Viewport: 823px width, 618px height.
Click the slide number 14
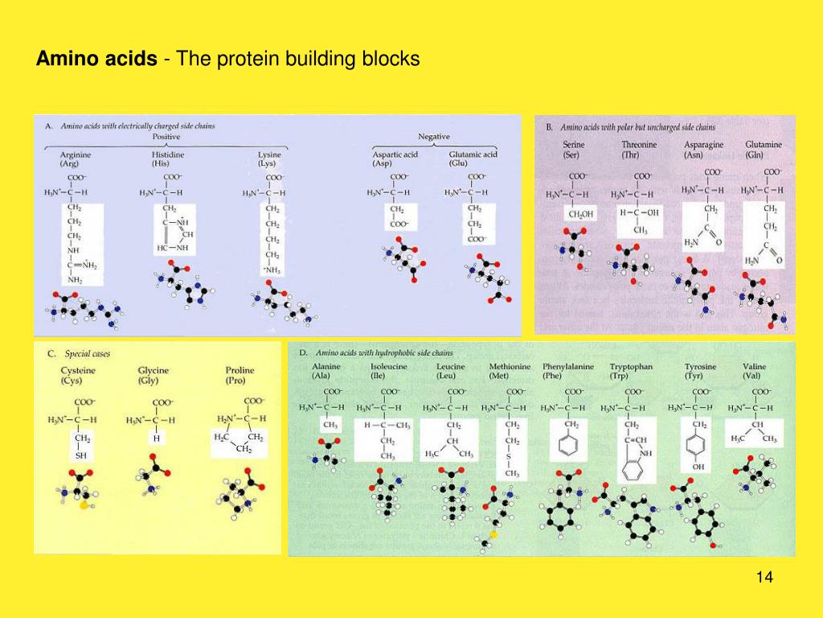pos(764,578)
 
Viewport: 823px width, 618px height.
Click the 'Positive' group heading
pos(166,136)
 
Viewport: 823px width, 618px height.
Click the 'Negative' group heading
pos(434,136)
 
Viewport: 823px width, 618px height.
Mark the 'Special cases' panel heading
pos(88,353)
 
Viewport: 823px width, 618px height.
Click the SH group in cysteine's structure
pos(80,455)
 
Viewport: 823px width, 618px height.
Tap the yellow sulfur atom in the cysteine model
pos(84,505)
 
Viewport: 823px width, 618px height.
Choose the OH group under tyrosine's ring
pos(698,466)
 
